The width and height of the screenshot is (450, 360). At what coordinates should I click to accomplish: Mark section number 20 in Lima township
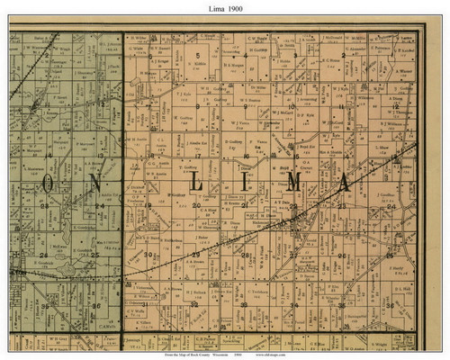pyautogui.click(x=197, y=206)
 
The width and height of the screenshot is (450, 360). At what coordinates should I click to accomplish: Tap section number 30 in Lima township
pyautogui.click(x=148, y=256)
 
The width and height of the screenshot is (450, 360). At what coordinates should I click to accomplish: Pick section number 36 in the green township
pyautogui.click(x=94, y=306)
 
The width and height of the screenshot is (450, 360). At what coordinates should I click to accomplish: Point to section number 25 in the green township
pyautogui.click(x=94, y=256)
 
